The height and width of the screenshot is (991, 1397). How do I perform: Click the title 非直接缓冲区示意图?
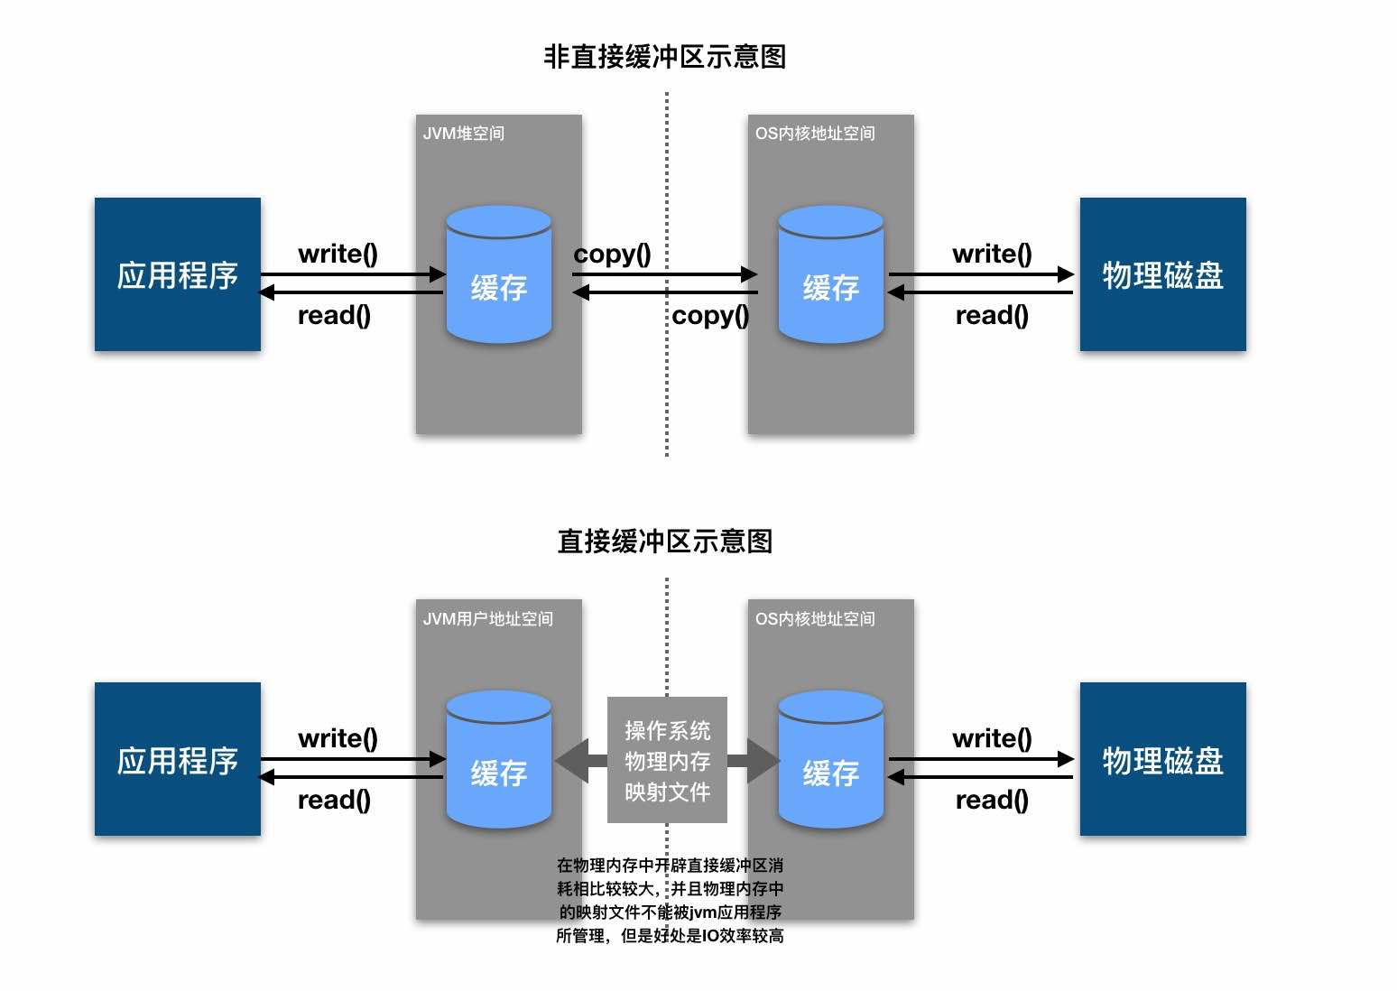pos(664,57)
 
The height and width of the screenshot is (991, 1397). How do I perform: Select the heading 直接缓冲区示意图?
pos(664,542)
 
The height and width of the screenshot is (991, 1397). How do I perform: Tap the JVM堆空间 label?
pos(463,134)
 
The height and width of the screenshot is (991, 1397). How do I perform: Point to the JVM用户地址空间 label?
pos(487,619)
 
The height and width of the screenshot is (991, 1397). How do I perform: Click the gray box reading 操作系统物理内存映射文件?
pos(667,760)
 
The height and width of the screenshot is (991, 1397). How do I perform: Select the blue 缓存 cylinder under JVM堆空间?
pos(498,275)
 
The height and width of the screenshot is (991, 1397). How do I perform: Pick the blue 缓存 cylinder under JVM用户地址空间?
pos(498,760)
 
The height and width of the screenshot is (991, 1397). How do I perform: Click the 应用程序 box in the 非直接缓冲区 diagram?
pos(177,274)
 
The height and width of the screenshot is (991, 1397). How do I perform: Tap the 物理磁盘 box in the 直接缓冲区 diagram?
pos(1162,760)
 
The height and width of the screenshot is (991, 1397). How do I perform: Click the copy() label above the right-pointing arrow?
pos(612,254)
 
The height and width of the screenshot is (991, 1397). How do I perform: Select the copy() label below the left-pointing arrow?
pos(710,316)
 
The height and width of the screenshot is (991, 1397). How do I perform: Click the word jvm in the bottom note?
pos(702,912)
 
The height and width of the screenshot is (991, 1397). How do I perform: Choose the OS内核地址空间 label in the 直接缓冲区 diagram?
pos(815,619)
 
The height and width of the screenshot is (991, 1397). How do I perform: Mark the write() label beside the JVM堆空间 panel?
pos(338,254)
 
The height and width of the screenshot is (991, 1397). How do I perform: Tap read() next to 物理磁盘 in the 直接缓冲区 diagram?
pos(992,801)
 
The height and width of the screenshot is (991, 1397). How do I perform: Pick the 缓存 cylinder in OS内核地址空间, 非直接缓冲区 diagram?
pos(830,275)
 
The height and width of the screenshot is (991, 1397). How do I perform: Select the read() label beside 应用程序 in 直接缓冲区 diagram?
pos(334,801)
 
